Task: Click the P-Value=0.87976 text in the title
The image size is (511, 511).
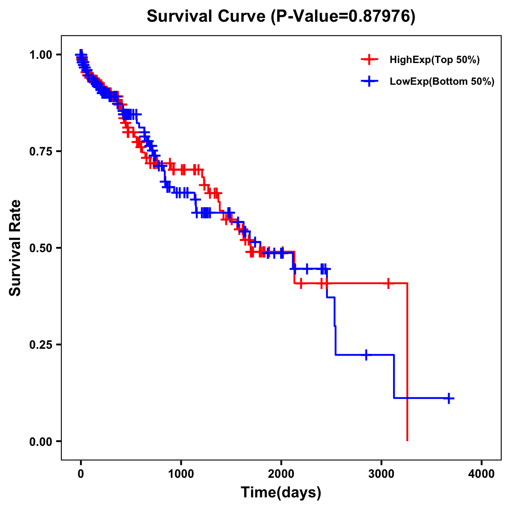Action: click(x=343, y=17)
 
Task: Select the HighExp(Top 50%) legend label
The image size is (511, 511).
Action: click(x=434, y=60)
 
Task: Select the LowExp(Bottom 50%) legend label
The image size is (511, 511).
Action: click(x=442, y=82)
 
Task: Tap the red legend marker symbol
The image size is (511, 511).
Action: click(x=370, y=60)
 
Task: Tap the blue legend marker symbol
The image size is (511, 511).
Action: click(x=370, y=82)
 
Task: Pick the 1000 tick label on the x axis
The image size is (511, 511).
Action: click(x=181, y=474)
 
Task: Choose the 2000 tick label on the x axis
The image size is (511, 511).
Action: click(x=281, y=474)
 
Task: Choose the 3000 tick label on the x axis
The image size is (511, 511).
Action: click(x=382, y=474)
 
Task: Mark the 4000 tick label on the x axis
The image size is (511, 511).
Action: click(x=482, y=474)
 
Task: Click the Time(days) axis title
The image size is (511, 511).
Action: click(x=281, y=493)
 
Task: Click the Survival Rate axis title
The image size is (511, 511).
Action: click(x=15, y=248)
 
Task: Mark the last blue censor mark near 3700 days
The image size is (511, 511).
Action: click(x=449, y=398)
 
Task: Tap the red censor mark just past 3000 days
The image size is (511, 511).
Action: click(x=388, y=283)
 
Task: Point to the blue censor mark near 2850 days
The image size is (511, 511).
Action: click(x=366, y=355)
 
